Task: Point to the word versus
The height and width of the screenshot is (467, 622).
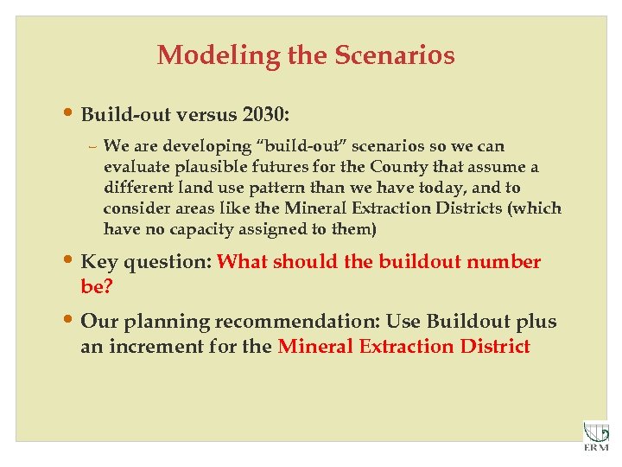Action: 205,114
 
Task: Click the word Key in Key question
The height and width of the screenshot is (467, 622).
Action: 98,262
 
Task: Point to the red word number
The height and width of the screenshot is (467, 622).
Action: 503,262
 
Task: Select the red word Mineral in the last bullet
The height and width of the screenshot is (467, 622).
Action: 312,347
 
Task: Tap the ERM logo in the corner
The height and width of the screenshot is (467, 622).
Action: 595,435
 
